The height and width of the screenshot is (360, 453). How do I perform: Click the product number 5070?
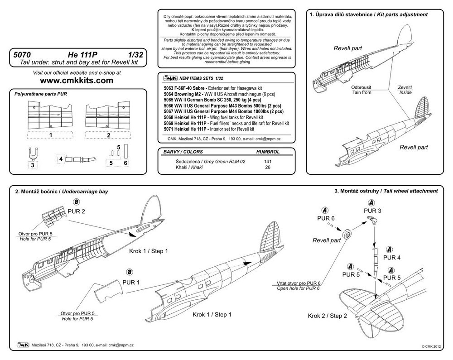click(22, 54)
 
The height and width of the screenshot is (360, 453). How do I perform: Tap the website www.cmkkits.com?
click(77, 80)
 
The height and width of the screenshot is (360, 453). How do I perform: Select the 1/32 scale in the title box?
click(135, 54)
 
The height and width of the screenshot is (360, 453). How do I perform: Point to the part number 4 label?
click(61, 159)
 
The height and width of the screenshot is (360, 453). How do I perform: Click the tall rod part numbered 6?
click(125, 151)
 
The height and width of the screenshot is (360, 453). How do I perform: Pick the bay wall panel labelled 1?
click(50, 115)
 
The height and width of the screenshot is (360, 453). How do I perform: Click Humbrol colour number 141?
click(268, 162)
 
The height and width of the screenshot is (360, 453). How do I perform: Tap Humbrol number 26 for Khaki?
click(268, 168)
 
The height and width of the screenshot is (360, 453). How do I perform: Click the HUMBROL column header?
click(268, 152)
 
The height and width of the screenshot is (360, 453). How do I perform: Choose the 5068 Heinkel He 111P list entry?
click(213, 117)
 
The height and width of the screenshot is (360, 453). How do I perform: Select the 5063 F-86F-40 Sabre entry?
click(213, 88)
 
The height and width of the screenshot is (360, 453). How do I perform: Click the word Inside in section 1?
click(405, 92)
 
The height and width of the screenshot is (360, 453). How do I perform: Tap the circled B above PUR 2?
click(77, 202)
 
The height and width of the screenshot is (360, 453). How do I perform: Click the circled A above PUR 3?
click(371, 202)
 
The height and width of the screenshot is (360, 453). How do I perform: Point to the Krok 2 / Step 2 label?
click(328, 316)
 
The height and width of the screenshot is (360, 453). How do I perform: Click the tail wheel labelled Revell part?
click(347, 234)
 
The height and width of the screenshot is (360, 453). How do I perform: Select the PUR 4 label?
click(392, 258)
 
